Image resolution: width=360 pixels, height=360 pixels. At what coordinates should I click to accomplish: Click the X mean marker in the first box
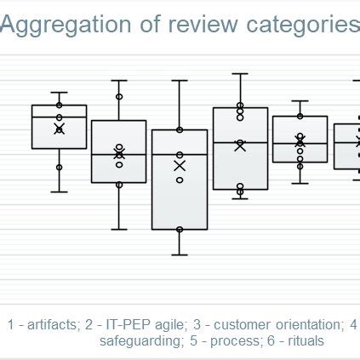point(59,129)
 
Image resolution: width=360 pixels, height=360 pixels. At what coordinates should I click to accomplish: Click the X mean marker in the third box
point(179,166)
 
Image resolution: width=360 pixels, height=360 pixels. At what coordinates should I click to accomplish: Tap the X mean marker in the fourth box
point(240,146)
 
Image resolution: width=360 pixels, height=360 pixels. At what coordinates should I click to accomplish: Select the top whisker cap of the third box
point(179,81)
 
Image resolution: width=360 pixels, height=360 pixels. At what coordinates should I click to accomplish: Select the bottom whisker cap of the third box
point(179,254)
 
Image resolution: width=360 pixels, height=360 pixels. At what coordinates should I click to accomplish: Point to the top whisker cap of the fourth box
point(240,73)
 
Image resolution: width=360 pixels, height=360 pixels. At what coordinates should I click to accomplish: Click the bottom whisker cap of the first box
point(59,191)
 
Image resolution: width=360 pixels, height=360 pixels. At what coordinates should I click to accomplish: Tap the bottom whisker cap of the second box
point(119,229)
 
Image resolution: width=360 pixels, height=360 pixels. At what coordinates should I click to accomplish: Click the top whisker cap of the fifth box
point(300,101)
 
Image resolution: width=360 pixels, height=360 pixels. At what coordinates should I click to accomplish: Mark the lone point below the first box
point(59,168)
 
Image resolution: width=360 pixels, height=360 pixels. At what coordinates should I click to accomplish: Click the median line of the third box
point(179,154)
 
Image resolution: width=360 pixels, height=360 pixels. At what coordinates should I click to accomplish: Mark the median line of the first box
point(59,117)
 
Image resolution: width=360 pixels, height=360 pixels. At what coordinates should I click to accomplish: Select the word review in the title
point(197,26)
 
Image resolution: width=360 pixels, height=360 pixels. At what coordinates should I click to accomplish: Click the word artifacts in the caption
point(50,324)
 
